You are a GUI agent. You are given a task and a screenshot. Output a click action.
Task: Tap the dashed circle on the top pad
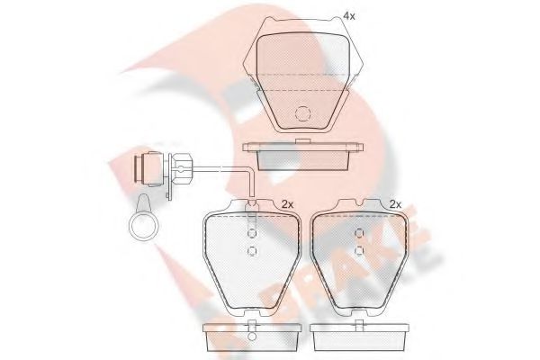pyautogui.click(x=304, y=113)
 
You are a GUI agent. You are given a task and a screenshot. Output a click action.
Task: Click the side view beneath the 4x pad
pyautogui.click(x=304, y=156)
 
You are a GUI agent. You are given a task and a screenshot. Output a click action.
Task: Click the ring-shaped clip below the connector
pyautogui.click(x=143, y=223)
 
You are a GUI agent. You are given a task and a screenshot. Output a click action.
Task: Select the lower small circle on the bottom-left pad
pyautogui.click(x=253, y=250)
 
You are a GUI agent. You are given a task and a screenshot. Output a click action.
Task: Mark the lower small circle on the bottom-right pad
pyautogui.click(x=358, y=250)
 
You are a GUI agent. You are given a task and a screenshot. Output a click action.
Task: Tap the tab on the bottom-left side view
pyautogui.click(x=252, y=323)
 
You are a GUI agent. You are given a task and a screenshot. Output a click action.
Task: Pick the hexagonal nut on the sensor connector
pyautogui.click(x=180, y=168)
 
